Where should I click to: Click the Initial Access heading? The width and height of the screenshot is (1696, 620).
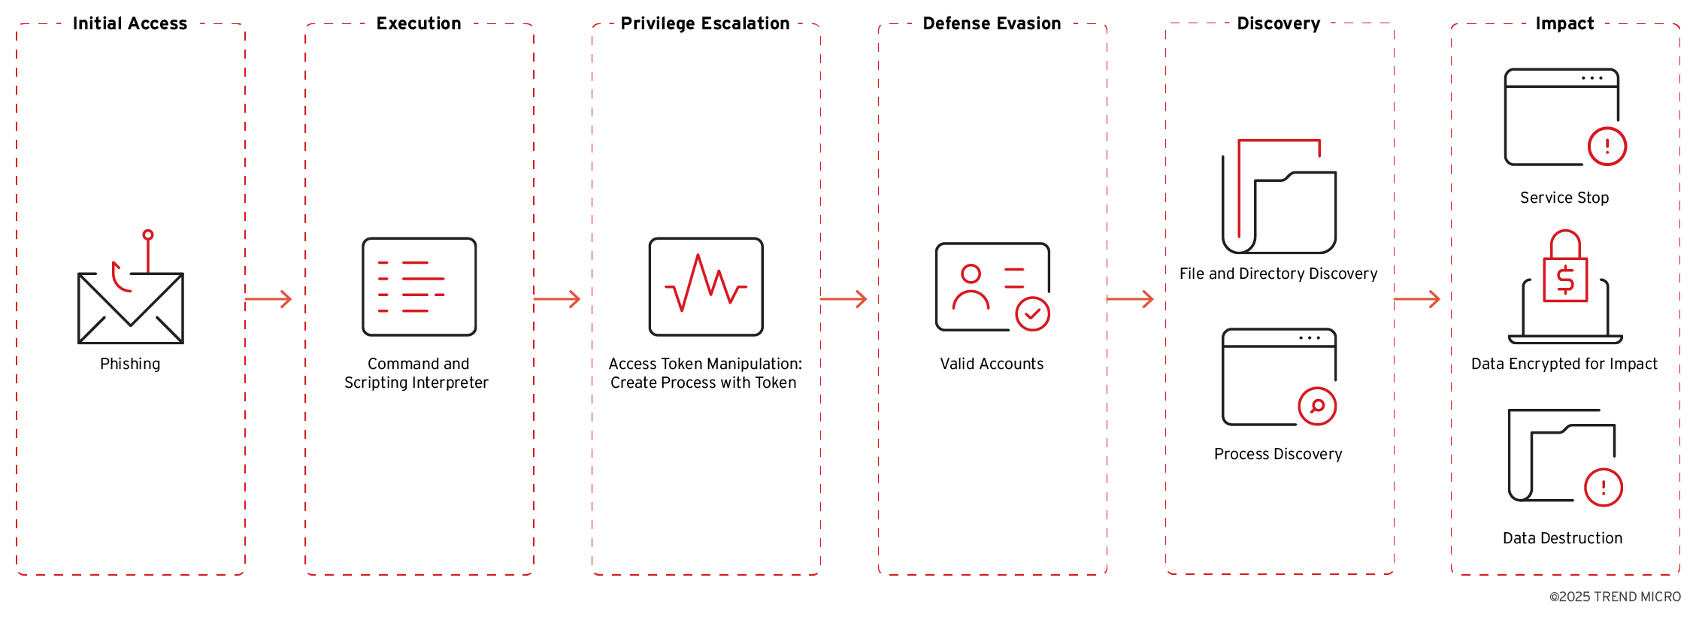pos(129,23)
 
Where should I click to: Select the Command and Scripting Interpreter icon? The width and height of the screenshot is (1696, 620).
pos(419,286)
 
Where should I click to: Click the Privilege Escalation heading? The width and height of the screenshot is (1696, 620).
pos(704,23)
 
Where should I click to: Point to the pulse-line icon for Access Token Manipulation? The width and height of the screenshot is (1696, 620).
pos(705,286)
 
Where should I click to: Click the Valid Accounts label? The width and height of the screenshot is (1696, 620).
pos(992,364)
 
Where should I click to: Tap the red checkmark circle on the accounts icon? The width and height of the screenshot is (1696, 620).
pos(1032,314)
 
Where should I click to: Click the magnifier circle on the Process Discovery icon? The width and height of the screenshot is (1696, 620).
pos(1317,407)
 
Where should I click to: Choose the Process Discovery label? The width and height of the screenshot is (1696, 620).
pos(1278,454)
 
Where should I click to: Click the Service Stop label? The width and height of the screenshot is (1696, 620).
pos(1564,198)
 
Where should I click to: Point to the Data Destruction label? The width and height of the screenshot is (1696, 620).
pos(1562,538)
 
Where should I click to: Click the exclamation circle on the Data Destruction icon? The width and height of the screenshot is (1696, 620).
pos(1603,488)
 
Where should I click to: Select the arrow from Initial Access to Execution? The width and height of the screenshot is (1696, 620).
pos(268,299)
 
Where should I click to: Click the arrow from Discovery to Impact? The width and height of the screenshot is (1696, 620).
pos(1416,299)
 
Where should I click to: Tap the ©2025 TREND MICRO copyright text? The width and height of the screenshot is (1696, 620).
pos(1615,597)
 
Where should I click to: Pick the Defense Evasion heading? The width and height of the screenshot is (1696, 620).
pos(992,23)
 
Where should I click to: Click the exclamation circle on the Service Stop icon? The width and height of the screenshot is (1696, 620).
pos(1607,147)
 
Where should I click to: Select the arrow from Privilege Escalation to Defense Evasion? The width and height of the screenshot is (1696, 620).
pos(843,299)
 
